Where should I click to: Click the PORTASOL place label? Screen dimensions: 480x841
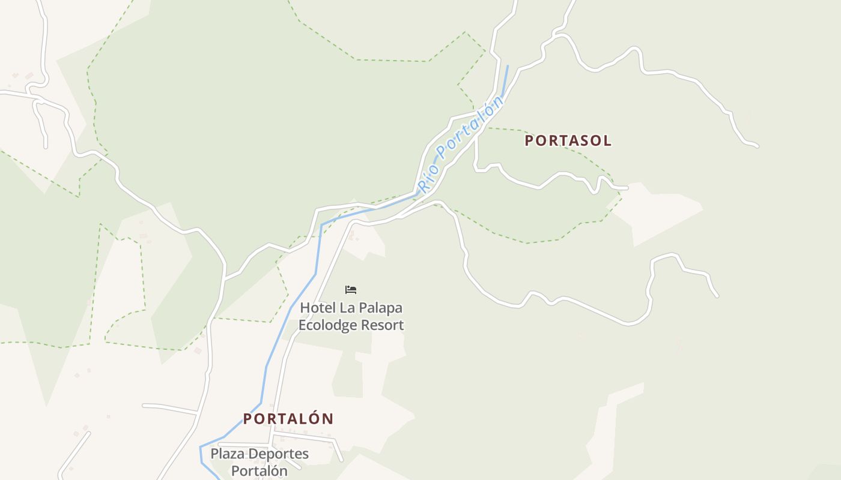[568, 141]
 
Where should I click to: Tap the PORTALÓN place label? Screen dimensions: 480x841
[288, 419]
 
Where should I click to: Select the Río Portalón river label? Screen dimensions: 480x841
[461, 145]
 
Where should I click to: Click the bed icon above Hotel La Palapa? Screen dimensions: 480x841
[351, 290]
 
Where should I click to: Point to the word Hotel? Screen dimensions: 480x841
[318, 308]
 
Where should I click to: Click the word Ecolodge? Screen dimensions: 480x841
[327, 325]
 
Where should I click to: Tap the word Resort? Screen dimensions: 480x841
[382, 325]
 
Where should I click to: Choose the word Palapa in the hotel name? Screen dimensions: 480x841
[381, 308]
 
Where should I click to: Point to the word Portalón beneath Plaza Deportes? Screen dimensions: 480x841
[260, 471]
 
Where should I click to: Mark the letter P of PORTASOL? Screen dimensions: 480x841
[529, 141]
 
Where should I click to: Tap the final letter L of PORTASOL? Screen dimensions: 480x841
[607, 141]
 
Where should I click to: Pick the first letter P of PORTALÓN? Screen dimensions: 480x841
[247, 419]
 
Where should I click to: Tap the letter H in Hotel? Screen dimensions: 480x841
[305, 308]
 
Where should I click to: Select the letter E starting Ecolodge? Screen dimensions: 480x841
[302, 325]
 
